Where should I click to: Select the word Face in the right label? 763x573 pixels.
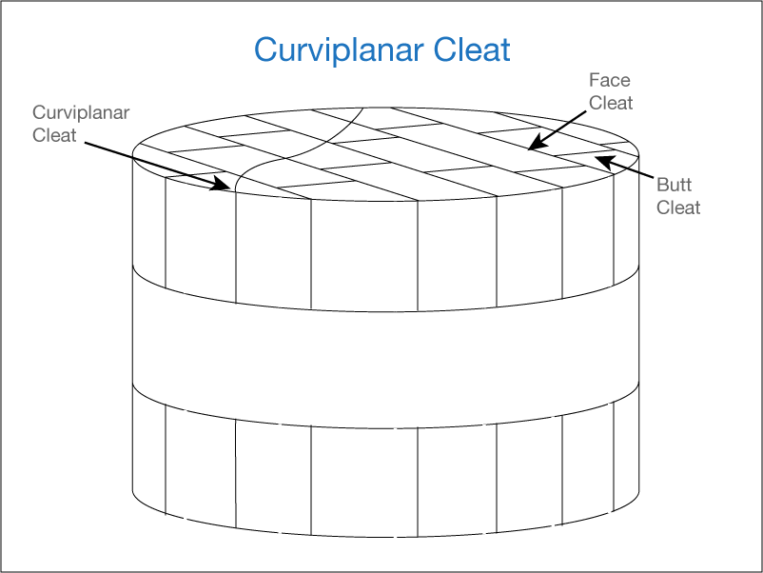click(609, 81)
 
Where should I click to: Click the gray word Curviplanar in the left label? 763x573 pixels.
click(81, 113)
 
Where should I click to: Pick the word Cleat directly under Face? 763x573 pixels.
click(611, 103)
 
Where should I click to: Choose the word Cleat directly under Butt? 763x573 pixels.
click(678, 207)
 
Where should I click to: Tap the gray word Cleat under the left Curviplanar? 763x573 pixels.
click(54, 135)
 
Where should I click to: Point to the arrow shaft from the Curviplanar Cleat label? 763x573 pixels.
click(152, 164)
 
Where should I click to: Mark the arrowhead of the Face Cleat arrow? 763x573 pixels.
click(534, 145)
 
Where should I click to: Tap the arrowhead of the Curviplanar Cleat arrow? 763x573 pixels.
click(225, 187)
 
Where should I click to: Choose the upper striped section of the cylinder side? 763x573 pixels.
click(381, 247)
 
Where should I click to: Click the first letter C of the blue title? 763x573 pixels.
click(264, 49)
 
